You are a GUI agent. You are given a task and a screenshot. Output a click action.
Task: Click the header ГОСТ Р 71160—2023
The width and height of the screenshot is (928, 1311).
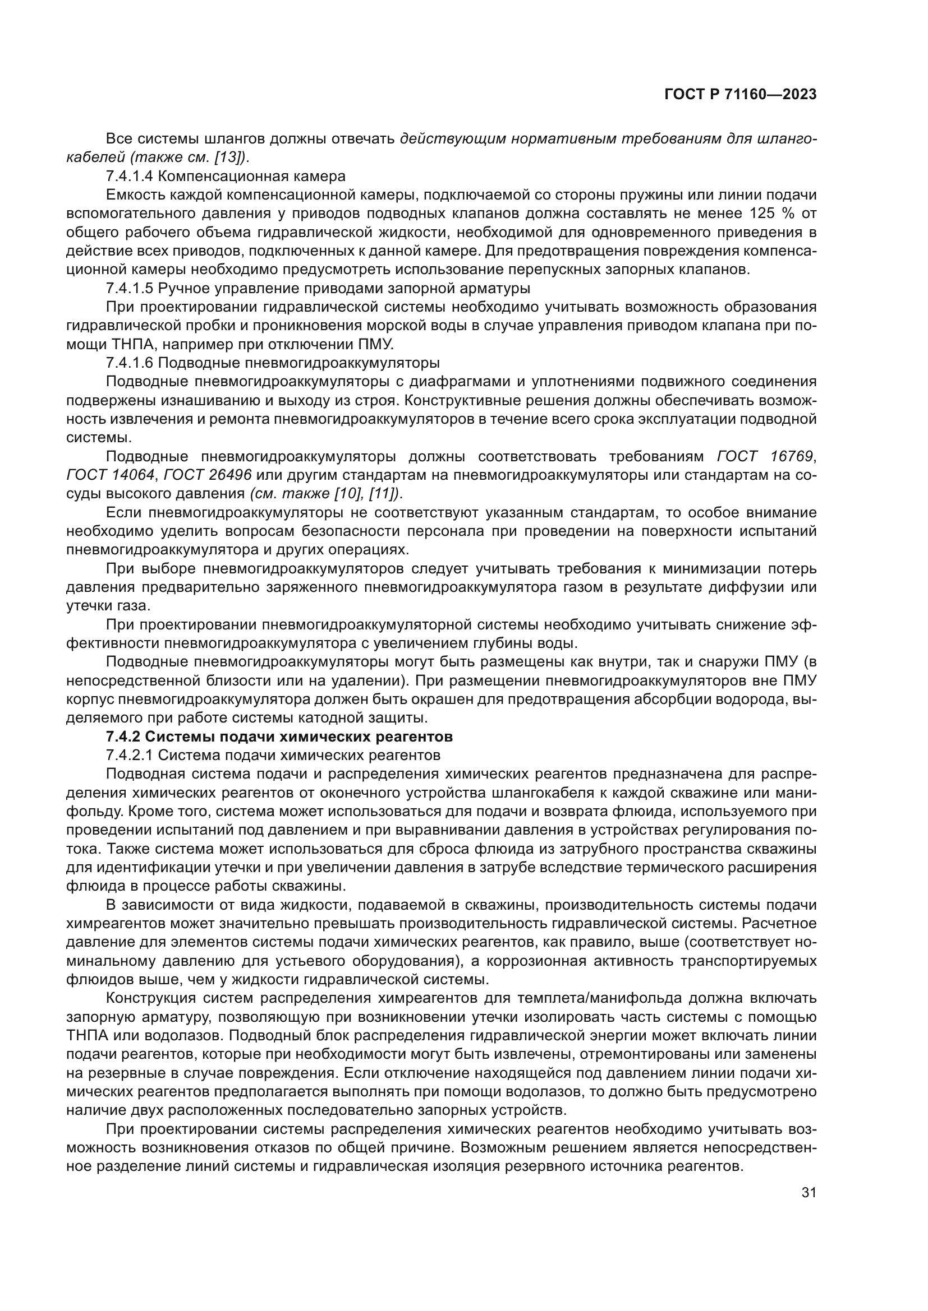740,95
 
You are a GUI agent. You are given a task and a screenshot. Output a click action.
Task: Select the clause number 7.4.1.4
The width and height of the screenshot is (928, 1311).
130,176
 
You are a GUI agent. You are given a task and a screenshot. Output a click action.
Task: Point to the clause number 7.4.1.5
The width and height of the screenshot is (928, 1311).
130,288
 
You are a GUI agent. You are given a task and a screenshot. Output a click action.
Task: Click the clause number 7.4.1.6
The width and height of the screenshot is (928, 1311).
130,363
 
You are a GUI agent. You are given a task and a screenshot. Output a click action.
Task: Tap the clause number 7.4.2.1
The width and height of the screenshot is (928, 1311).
130,756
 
